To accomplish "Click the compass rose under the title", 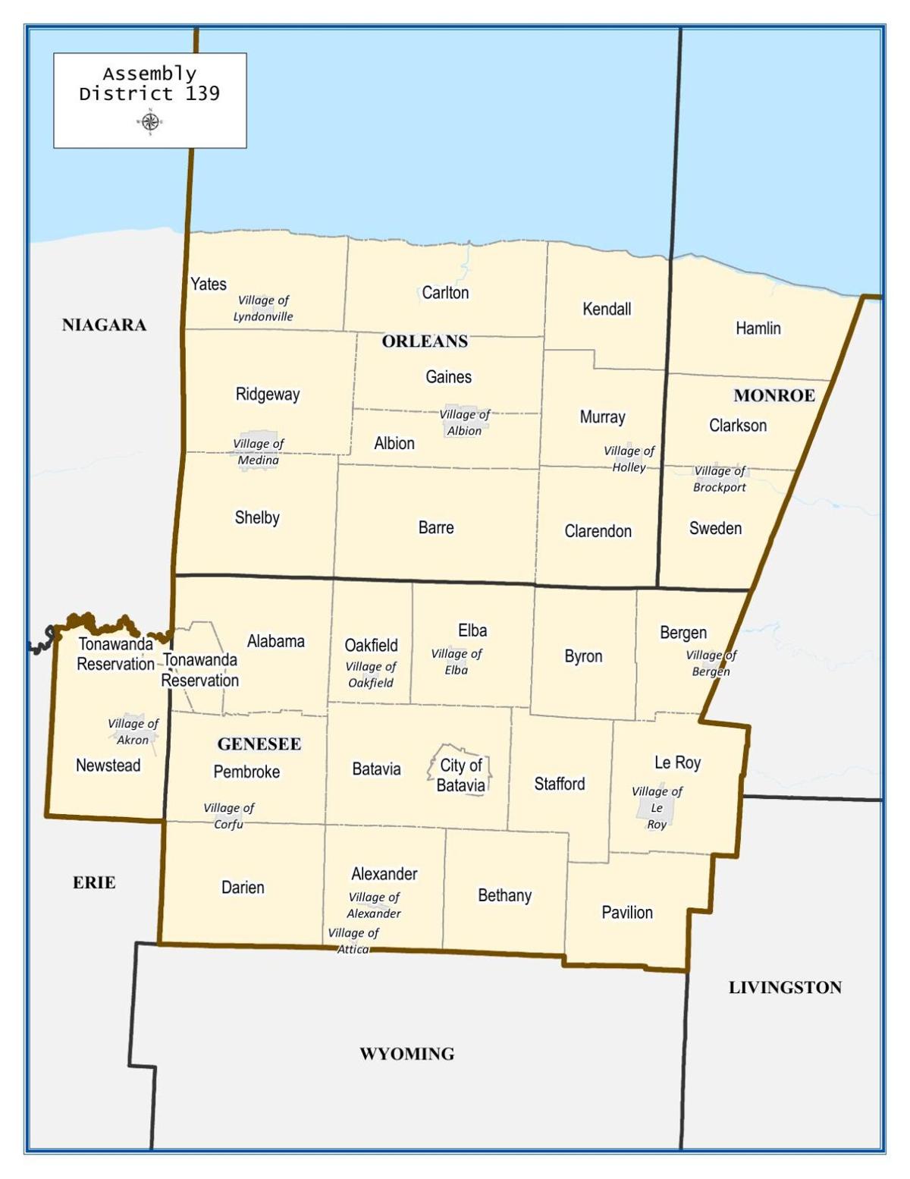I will [150, 121].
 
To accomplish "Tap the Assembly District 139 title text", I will [149, 83].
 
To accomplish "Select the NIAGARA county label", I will [104, 325].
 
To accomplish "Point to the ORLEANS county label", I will [425, 341].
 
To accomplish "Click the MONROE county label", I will [774, 395].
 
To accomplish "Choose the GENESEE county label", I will [259, 744].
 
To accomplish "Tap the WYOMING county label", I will [407, 1054].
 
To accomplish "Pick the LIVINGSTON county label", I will [785, 987].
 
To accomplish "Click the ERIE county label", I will [94, 882].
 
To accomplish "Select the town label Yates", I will [209, 284].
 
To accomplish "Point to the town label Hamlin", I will [758, 329].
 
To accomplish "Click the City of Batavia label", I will [461, 775].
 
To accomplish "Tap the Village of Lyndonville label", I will [263, 309].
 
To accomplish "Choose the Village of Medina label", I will [259, 452].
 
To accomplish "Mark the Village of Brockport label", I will [720, 479].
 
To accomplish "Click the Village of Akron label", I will [133, 731].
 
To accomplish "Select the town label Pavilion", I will [627, 913].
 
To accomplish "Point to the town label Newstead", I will [108, 766].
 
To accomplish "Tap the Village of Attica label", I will [353, 941].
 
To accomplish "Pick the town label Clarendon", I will [598, 531].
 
